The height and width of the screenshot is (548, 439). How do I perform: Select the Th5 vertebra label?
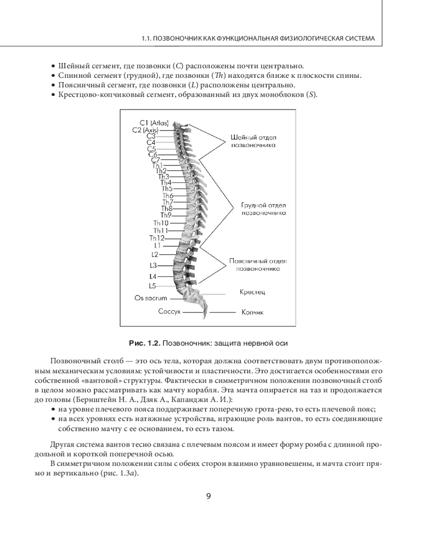(167, 189)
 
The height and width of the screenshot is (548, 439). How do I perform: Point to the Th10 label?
(161, 223)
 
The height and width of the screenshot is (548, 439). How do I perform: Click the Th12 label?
(157, 238)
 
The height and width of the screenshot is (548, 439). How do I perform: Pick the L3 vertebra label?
(153, 265)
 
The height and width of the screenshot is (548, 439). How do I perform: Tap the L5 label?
(153, 286)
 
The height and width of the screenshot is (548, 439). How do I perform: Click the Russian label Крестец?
(252, 293)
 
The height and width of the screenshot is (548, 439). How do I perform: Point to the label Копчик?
(252, 312)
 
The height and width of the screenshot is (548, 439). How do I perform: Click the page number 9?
(209, 496)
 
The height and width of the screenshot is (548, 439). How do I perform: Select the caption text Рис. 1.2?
(144, 343)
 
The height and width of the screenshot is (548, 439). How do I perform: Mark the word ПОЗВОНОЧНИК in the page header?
(183, 39)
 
